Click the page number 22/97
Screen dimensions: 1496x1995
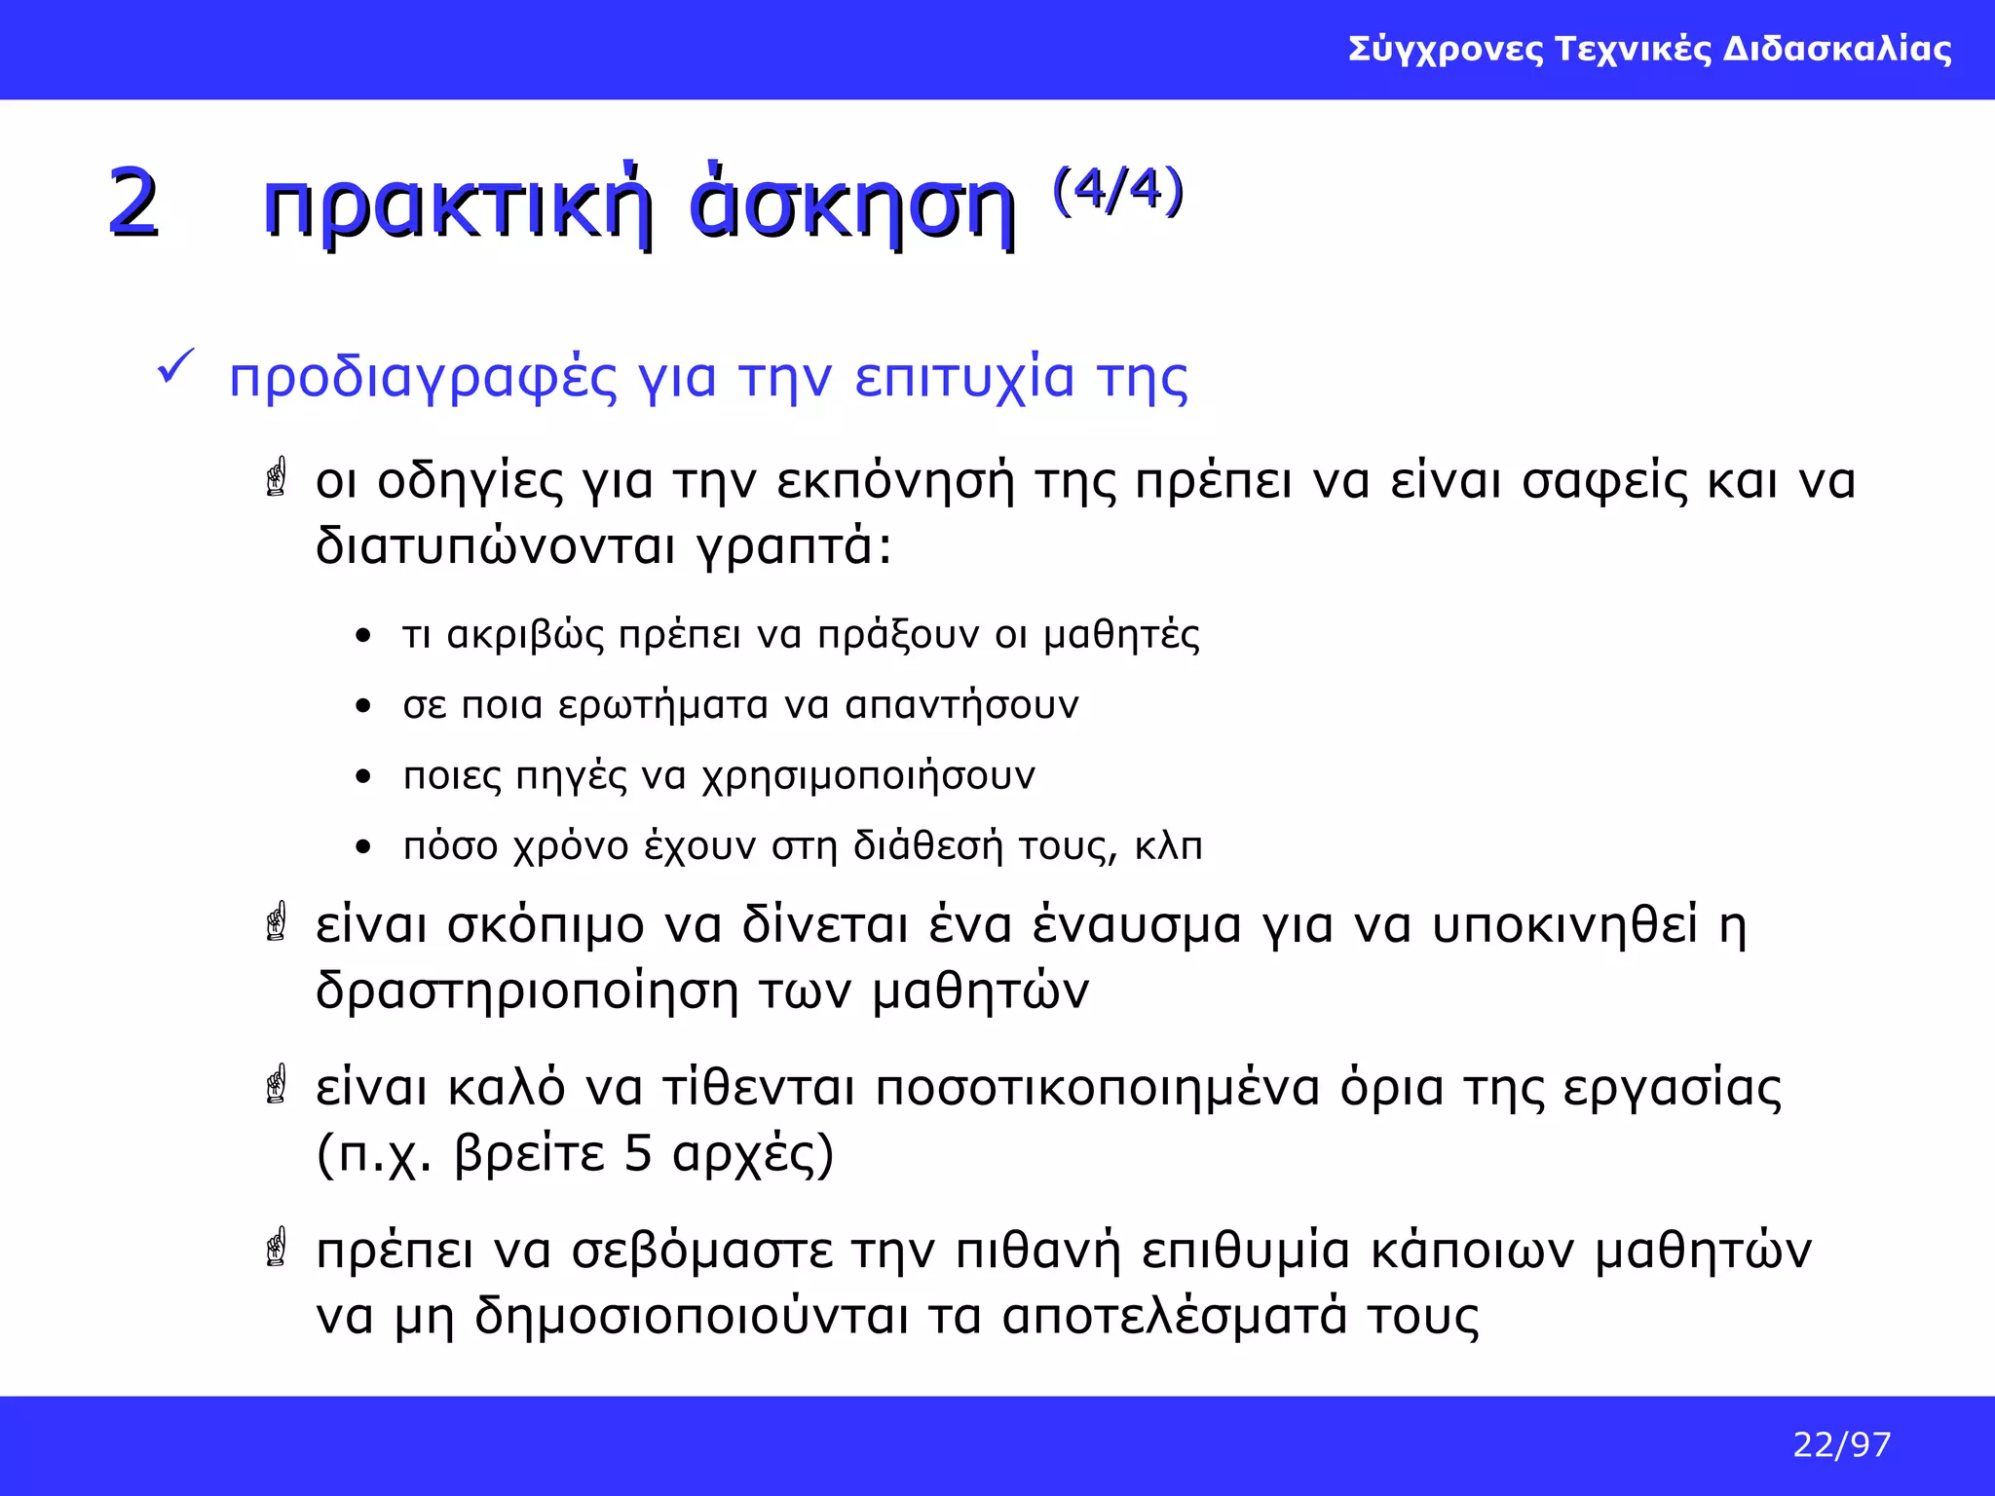click(x=1841, y=1444)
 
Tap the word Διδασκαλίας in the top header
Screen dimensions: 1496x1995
click(x=1837, y=49)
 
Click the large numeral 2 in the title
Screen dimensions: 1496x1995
click(x=133, y=203)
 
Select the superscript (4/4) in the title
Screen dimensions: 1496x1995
click(x=1117, y=189)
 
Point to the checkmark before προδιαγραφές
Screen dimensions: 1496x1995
click(x=175, y=368)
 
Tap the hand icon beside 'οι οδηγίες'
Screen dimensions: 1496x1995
click(x=277, y=477)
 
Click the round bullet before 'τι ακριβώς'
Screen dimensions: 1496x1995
click(x=363, y=637)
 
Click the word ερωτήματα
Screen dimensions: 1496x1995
click(x=663, y=705)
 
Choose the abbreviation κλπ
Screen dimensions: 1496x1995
click(x=1168, y=845)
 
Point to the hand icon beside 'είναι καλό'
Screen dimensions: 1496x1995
click(x=277, y=1084)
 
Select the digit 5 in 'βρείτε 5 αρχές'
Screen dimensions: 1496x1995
click(x=638, y=1153)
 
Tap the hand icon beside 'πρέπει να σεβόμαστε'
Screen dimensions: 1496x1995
click(x=277, y=1247)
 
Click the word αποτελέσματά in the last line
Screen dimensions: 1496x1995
click(x=1175, y=1317)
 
